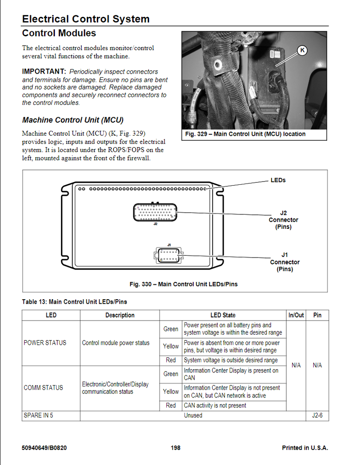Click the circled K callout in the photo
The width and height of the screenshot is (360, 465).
pos(302,50)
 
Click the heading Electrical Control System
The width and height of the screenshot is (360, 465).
pos(85,19)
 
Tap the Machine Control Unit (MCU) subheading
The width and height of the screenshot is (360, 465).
pos(73,120)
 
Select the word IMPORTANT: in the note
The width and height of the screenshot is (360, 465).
pos(44,72)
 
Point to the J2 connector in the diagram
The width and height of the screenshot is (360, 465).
pos(155,212)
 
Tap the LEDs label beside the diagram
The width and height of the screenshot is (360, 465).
pos(278,180)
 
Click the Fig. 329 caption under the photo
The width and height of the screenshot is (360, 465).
pos(245,134)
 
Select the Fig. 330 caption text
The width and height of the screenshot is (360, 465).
pos(183,284)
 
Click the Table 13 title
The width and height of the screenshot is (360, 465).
pos(75,302)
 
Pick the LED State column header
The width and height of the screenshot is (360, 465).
pos(223,315)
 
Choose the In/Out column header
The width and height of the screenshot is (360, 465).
pos(296,315)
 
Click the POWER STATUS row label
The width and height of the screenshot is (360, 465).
pos(45,343)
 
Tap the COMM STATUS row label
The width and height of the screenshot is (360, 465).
pos(44,388)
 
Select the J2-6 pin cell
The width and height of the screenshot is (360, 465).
pos(317,416)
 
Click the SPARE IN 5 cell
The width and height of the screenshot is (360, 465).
pos(39,416)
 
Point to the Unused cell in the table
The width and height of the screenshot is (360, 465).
pos(193,416)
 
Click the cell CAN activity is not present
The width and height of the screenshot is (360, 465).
pos(215,406)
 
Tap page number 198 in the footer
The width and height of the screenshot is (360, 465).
pos(175,448)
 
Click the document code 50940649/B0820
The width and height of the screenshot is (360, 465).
pos(45,448)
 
